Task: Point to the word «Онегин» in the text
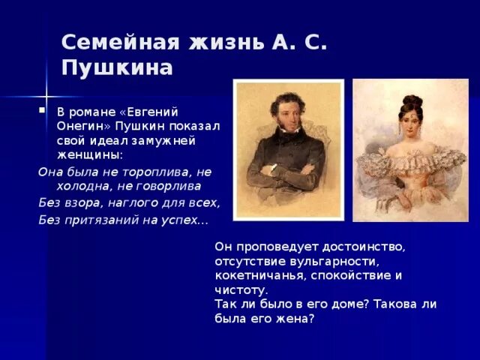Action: click(x=77, y=126)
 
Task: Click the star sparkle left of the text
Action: click(x=46, y=97)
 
